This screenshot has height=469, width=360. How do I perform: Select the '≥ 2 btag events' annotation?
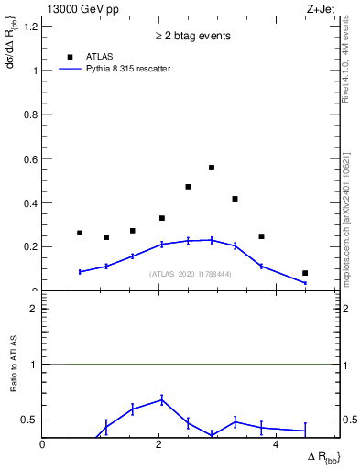(191, 36)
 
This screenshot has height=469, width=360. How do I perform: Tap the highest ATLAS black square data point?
(212, 168)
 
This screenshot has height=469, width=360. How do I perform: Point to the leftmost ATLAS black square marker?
(80, 233)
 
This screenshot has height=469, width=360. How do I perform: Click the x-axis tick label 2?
(159, 444)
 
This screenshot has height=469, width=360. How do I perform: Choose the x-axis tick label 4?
(276, 444)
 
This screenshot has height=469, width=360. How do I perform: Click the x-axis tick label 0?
(43, 444)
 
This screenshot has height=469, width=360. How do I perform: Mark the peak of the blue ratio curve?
(162, 399)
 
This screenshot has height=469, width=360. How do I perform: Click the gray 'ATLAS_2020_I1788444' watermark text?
(191, 274)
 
